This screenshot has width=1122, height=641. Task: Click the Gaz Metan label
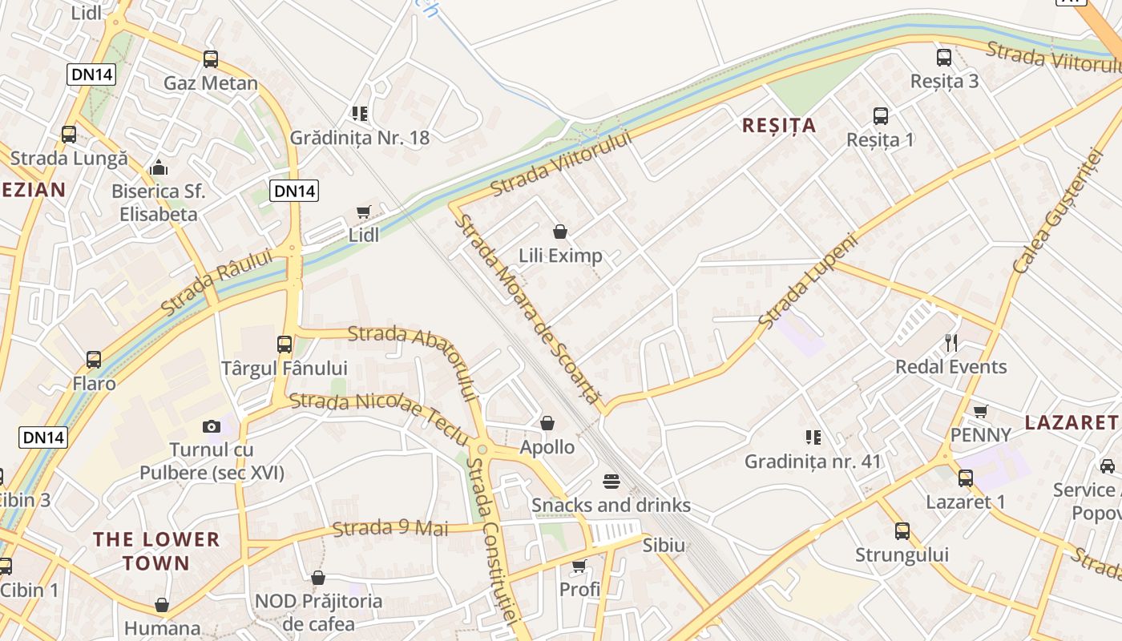[x=210, y=83]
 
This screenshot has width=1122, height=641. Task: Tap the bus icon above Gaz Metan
[x=211, y=58]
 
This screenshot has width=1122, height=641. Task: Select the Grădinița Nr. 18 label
[x=360, y=137]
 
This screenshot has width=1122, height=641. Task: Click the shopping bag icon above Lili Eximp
[x=560, y=232]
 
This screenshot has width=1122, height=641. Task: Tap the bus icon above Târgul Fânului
[x=285, y=345]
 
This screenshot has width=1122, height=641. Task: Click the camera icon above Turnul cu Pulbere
[x=212, y=426]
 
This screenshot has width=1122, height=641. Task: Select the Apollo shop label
[x=547, y=447]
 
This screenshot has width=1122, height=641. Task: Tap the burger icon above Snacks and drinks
[x=611, y=482]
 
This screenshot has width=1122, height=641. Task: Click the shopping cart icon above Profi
[x=579, y=566]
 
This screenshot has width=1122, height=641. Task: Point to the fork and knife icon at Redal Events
[x=951, y=343]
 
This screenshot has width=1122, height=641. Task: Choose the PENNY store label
[x=980, y=434]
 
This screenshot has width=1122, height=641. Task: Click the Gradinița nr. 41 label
[x=813, y=462]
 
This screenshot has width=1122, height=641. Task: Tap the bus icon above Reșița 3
[x=944, y=58]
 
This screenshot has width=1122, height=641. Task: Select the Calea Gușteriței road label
[x=1052, y=210]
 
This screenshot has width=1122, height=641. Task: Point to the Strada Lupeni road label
[x=807, y=280]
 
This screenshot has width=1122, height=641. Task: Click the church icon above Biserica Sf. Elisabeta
[x=159, y=167]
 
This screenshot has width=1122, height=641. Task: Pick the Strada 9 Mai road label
[x=390, y=528]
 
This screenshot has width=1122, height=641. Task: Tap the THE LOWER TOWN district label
[x=156, y=550]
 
